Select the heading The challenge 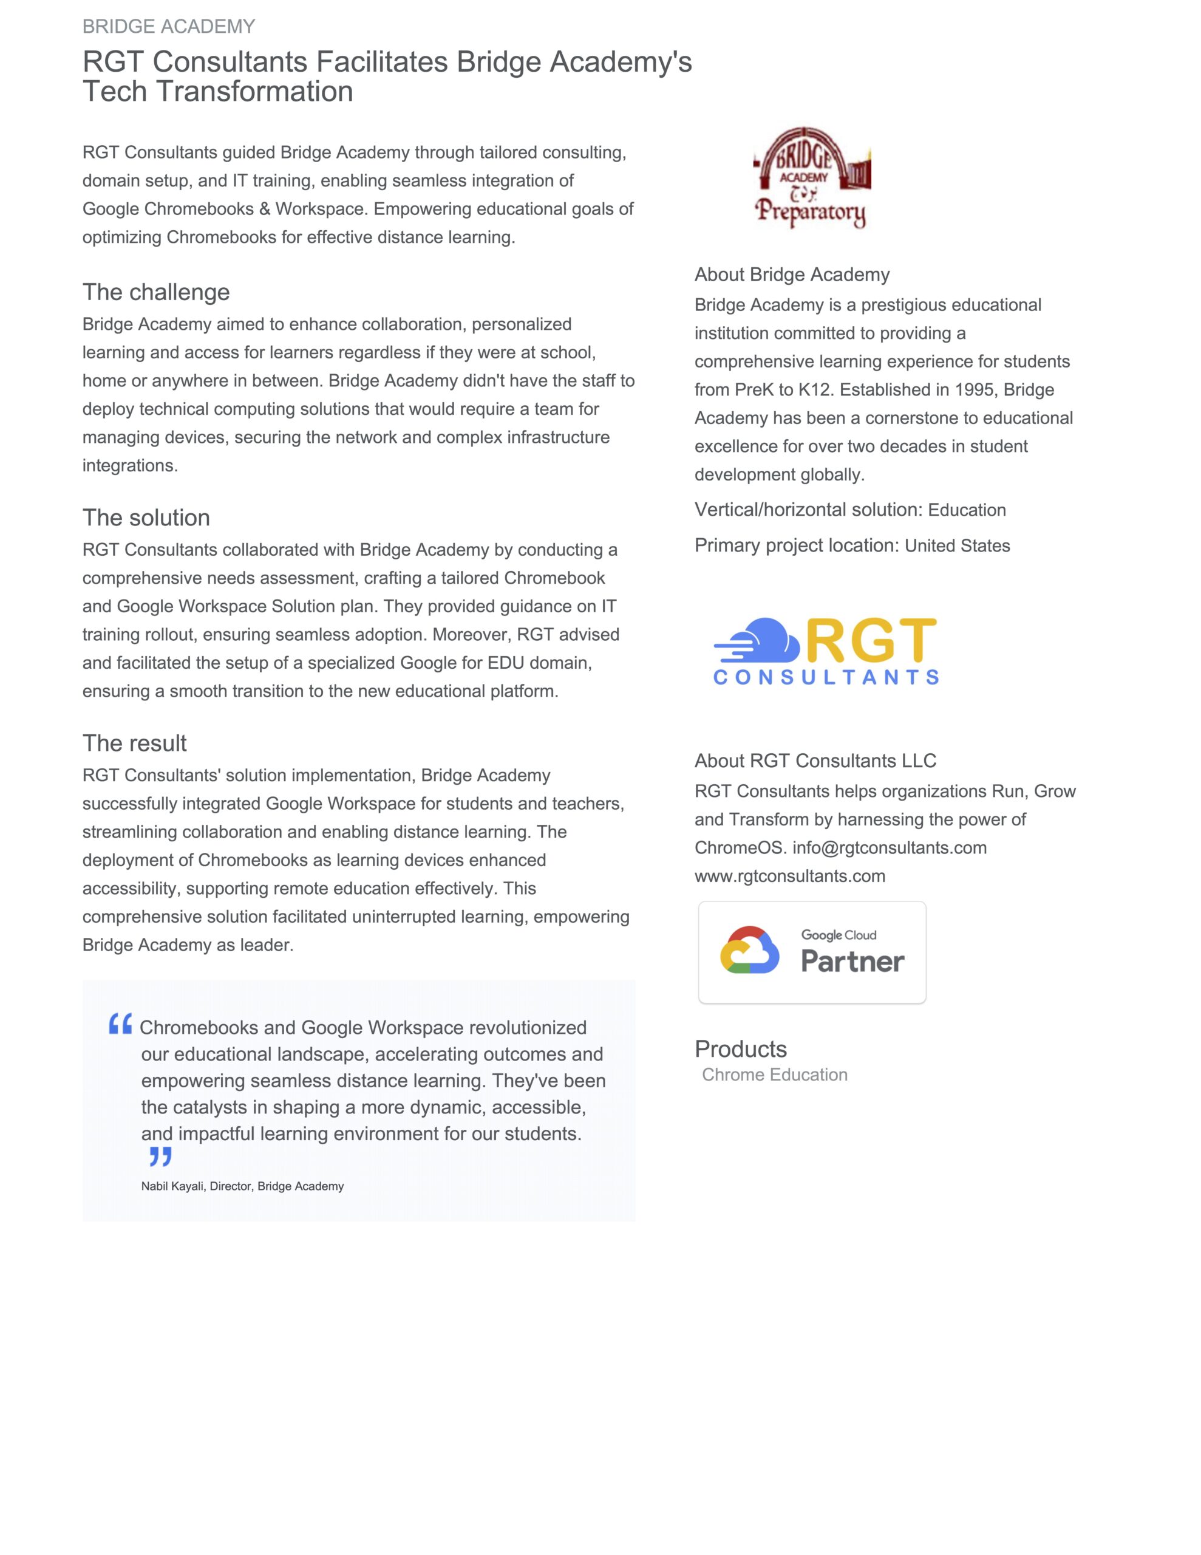156,292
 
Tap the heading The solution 146,518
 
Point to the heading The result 135,743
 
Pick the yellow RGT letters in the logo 871,640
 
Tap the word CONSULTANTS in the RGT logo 826,677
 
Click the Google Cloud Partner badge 812,952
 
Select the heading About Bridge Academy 792,275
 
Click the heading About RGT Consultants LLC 815,761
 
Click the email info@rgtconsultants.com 889,848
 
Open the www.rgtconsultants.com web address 789,877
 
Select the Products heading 740,1050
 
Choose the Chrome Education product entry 775,1075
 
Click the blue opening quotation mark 120,1025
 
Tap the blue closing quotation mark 160,1157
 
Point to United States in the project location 957,546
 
